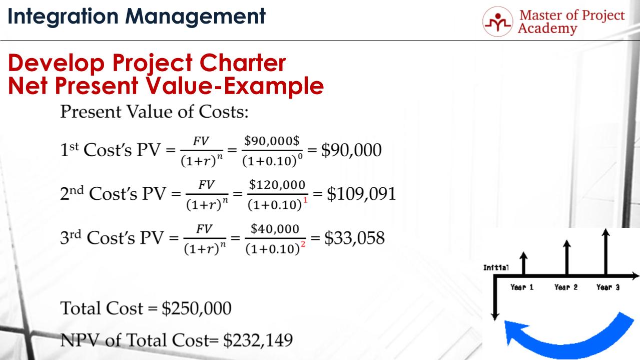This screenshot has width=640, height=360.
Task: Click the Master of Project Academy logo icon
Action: click(497, 22)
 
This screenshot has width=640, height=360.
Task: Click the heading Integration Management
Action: click(137, 17)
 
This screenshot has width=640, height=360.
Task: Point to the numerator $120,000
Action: click(277, 185)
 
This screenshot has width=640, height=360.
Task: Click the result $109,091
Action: click(361, 194)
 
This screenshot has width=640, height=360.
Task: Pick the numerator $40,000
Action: click(275, 229)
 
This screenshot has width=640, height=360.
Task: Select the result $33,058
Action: click(355, 238)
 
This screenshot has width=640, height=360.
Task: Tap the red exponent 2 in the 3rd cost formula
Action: click(303, 243)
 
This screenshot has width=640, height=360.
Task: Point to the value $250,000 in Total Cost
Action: click(197, 308)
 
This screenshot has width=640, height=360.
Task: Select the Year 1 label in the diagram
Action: click(521, 287)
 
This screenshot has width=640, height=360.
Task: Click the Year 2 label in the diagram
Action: click(566, 287)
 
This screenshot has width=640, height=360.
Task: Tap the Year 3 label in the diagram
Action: click(608, 287)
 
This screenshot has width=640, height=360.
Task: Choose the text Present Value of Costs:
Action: click(154, 112)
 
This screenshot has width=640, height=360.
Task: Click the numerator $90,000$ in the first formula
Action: click(271, 141)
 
